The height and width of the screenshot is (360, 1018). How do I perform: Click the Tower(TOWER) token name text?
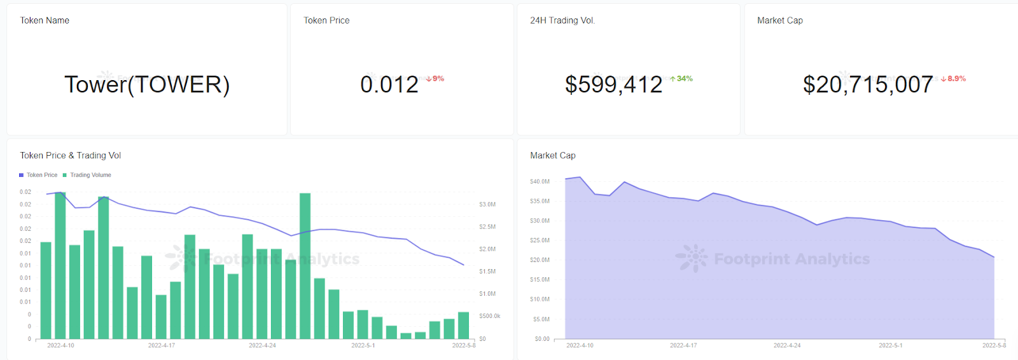(147, 85)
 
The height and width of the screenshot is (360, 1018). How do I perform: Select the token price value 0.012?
(389, 85)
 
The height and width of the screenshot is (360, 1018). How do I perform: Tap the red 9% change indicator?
(435, 79)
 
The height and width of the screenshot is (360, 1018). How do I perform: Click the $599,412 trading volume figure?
(614, 85)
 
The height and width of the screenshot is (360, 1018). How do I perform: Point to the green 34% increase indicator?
(681, 79)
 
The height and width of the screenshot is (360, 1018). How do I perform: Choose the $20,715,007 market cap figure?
(868, 85)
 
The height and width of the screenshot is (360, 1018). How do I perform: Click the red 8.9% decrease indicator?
(953, 79)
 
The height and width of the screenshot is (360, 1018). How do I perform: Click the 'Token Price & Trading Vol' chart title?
(71, 155)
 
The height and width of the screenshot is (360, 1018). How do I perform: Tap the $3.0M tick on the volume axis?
(487, 205)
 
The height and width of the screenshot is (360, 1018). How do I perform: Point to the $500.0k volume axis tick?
(489, 316)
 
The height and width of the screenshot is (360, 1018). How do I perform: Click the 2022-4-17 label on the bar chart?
(162, 345)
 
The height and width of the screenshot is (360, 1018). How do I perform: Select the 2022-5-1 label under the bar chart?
(363, 345)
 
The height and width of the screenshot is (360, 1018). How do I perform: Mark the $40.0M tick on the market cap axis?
(540, 182)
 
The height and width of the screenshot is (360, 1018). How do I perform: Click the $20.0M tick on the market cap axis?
(540, 260)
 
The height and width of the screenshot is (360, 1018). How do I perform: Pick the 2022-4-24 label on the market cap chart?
(787, 345)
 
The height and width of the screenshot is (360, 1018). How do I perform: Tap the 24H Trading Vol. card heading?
(562, 20)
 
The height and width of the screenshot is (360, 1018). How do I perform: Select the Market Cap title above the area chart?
(553, 155)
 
